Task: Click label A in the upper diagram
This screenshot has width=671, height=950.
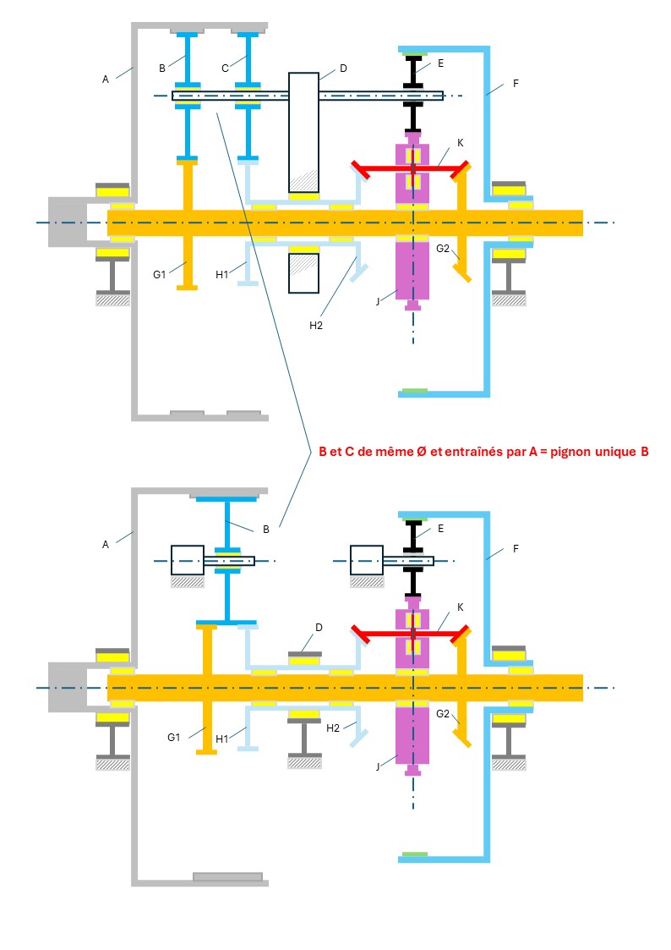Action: pos(106,79)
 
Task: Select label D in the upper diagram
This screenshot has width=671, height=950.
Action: pos(342,67)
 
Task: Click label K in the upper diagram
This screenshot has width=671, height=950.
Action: pos(460,142)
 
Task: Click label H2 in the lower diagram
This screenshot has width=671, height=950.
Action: pos(333,728)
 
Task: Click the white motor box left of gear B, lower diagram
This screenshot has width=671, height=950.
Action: pos(187,560)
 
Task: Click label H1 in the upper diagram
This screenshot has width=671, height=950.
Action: pos(221,273)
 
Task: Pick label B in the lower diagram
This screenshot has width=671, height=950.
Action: pos(266,529)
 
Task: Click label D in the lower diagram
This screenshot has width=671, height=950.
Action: pos(319,627)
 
